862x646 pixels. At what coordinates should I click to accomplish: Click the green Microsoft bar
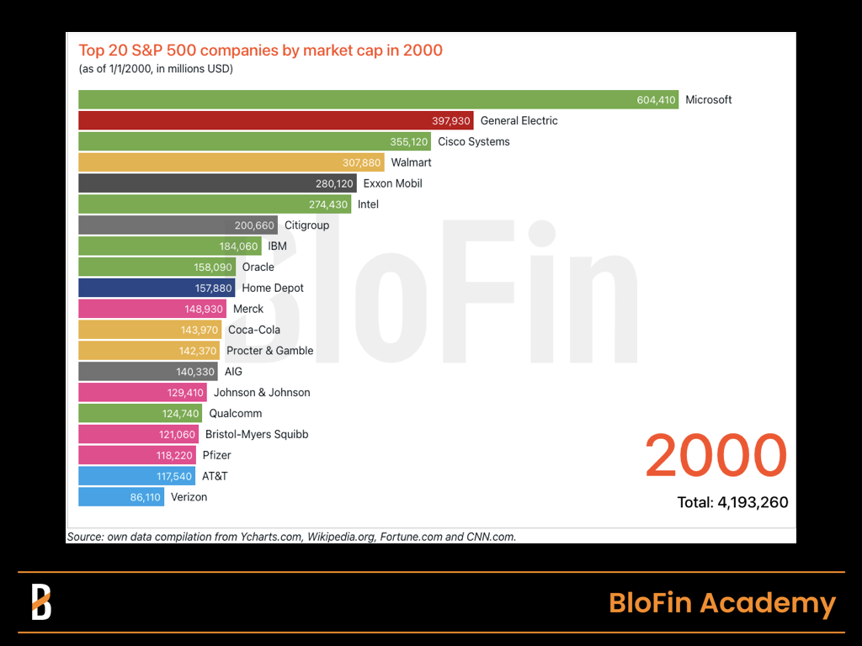click(x=354, y=100)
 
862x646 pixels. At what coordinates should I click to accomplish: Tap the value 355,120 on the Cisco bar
click(x=409, y=142)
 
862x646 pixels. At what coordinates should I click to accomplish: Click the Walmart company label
click(x=411, y=162)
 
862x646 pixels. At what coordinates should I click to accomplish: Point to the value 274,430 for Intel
click(x=330, y=204)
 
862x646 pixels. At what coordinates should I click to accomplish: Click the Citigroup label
click(x=306, y=225)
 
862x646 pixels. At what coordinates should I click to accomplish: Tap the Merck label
click(x=248, y=309)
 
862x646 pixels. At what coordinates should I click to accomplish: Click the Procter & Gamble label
click(x=269, y=351)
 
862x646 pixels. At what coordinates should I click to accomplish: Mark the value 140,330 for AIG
click(x=196, y=372)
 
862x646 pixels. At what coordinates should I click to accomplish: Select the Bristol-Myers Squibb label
click(x=257, y=434)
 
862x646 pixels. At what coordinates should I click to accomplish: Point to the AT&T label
click(x=215, y=476)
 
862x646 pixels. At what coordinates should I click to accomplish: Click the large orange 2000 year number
click(x=716, y=455)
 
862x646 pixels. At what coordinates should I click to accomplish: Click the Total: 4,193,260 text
click(x=732, y=503)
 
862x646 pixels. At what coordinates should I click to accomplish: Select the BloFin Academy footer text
click(x=721, y=603)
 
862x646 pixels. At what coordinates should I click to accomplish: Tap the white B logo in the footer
click(x=41, y=602)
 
